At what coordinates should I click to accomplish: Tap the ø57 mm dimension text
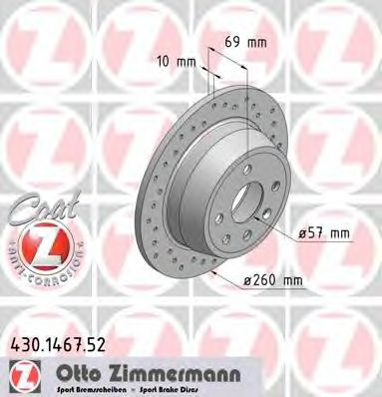tap(324, 232)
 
